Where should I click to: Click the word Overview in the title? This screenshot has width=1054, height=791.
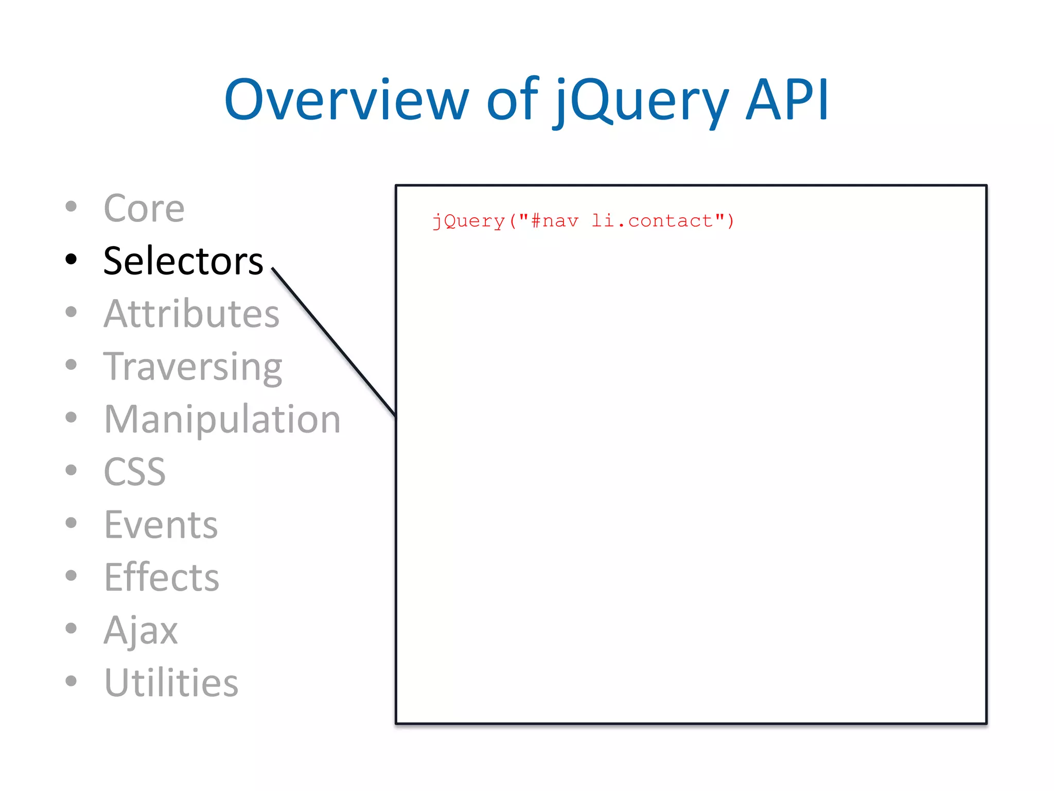pyautogui.click(x=346, y=100)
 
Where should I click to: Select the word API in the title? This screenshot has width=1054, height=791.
pyautogui.click(x=787, y=100)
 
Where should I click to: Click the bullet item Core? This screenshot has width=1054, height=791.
pyautogui.click(x=144, y=209)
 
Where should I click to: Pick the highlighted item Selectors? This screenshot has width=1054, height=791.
pyautogui.click(x=183, y=261)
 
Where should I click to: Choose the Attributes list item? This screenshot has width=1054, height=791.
pyautogui.click(x=191, y=314)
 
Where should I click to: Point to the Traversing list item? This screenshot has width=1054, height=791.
pyautogui.click(x=192, y=367)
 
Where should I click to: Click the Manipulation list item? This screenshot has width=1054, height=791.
pyautogui.click(x=222, y=419)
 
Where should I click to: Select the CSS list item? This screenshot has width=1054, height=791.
pyautogui.click(x=134, y=472)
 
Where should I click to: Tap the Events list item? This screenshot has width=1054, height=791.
pyautogui.click(x=161, y=525)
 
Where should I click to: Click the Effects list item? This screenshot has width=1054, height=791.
pyautogui.click(x=161, y=577)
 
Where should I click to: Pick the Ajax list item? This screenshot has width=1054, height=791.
pyautogui.click(x=140, y=630)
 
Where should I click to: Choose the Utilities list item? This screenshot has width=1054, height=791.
pyautogui.click(x=171, y=683)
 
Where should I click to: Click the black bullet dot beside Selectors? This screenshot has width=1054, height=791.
pyautogui.click(x=71, y=259)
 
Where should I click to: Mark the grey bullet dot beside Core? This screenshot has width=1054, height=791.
pyautogui.click(x=71, y=207)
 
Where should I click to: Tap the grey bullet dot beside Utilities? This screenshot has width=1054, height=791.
pyautogui.click(x=71, y=681)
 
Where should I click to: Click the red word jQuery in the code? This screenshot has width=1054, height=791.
pyautogui.click(x=468, y=221)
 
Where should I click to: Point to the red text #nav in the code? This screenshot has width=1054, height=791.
pyautogui.click(x=554, y=221)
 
